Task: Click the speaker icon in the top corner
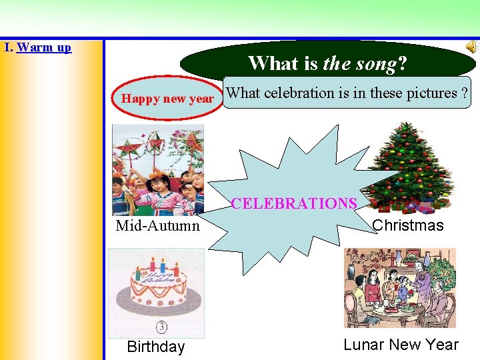tap(471, 46)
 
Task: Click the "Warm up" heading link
tap(44, 47)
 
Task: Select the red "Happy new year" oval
tap(167, 99)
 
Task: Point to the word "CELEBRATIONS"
tap(293, 203)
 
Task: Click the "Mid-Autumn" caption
tap(157, 225)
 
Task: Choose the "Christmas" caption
tap(408, 225)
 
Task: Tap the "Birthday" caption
tap(155, 347)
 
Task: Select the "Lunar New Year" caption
tap(401, 345)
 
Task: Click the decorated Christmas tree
tap(409, 160)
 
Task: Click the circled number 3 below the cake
tap(162, 327)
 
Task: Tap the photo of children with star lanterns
tap(158, 170)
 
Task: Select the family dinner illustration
tap(399, 289)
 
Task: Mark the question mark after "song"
tap(402, 63)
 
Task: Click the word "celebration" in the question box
tap(303, 93)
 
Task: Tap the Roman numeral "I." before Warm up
tap(8, 47)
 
